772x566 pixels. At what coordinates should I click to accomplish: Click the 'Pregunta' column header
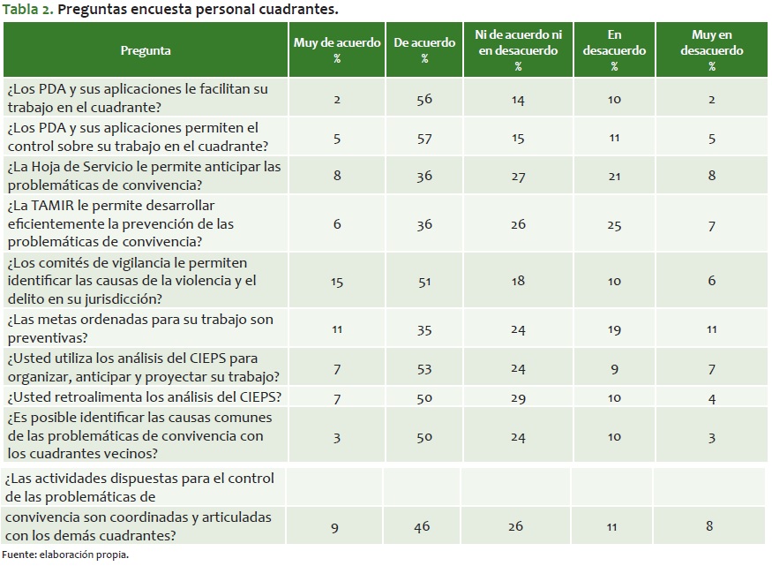(146, 50)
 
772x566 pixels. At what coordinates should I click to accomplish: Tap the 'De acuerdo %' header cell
(424, 50)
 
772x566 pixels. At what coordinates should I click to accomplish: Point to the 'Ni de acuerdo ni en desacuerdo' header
(518, 42)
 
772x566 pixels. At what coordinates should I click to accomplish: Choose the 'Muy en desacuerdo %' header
(711, 50)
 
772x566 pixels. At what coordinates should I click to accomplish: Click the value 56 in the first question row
(424, 100)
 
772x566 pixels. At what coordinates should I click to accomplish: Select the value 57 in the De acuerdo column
(424, 138)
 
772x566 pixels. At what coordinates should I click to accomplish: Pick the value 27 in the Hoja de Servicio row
(518, 176)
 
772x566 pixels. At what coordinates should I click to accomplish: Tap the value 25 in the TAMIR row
(614, 224)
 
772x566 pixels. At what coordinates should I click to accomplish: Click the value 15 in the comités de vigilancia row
(337, 282)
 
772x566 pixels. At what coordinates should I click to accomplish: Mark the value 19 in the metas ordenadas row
(614, 330)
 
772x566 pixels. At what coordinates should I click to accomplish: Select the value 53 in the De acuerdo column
(424, 369)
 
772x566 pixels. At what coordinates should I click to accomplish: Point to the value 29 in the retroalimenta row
(518, 398)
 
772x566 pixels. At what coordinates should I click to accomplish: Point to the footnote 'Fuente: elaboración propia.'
(65, 555)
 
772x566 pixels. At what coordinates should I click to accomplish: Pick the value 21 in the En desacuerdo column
(614, 176)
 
